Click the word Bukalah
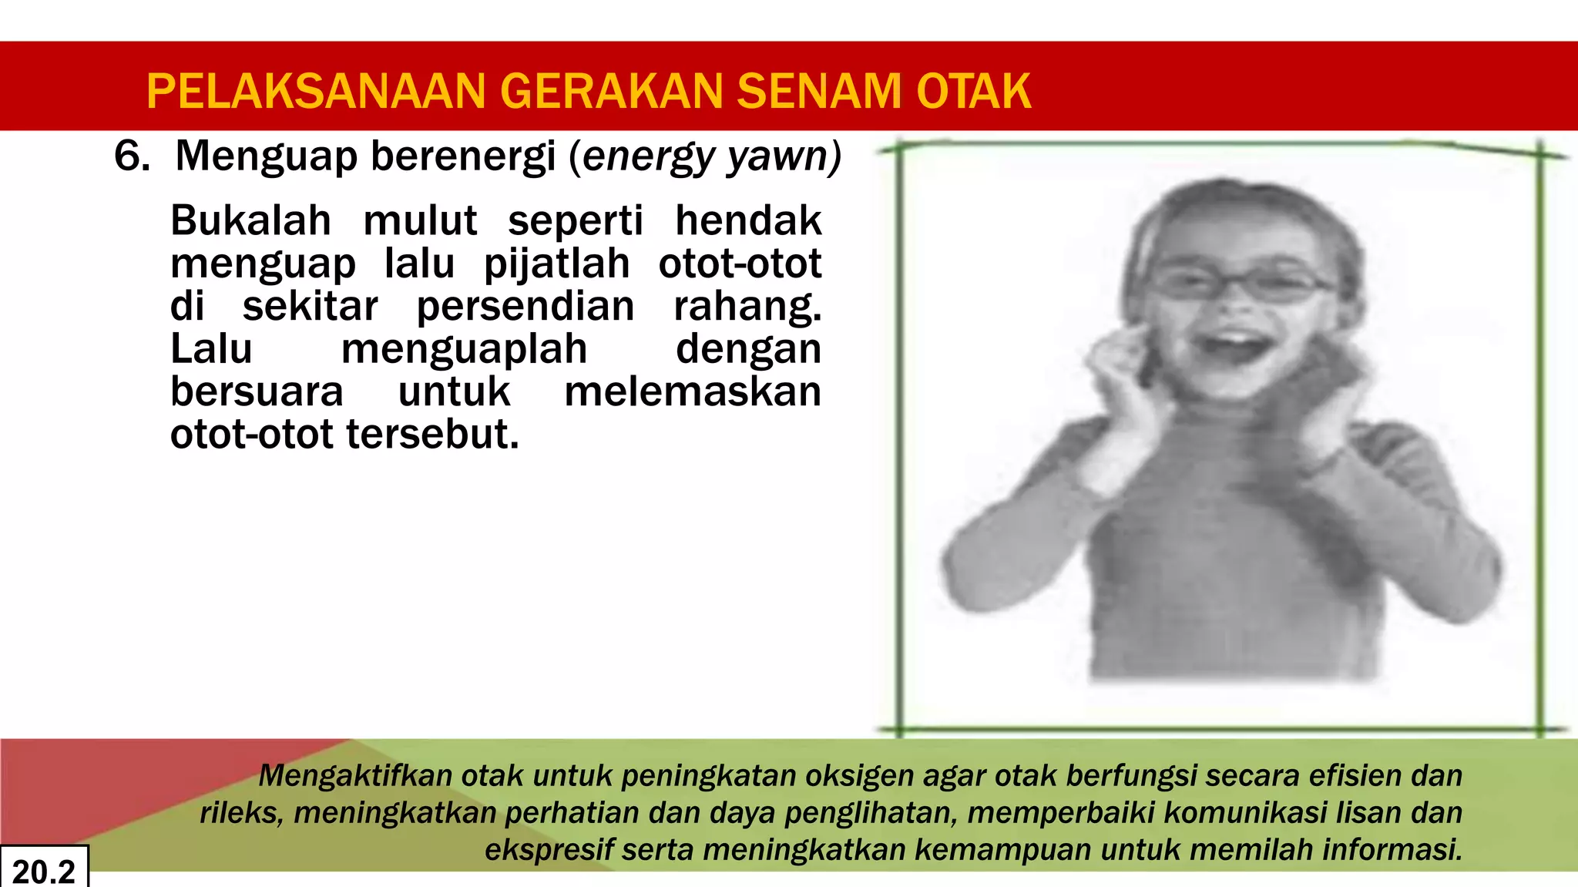tap(250, 221)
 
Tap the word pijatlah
tap(556, 264)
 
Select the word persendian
tap(525, 307)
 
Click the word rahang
tap(747, 307)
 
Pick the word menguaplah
tap(464, 349)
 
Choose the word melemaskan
tap(693, 391)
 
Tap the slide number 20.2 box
tap(44, 870)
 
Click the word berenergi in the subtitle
tap(463, 156)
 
